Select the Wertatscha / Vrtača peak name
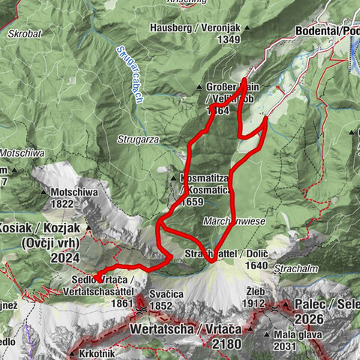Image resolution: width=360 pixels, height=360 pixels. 184,328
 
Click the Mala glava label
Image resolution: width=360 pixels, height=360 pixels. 292,334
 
